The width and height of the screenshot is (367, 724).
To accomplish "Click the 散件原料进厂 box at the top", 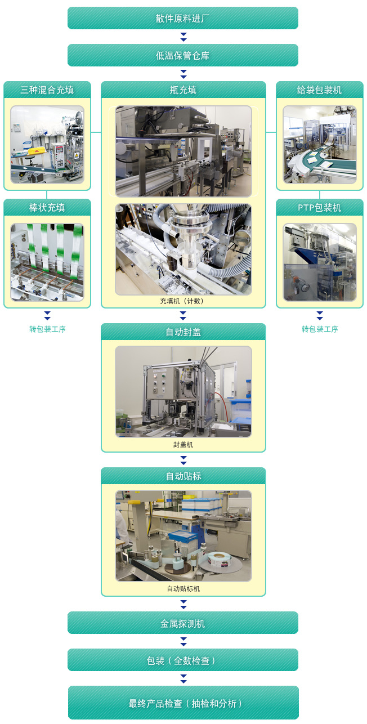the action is (183, 18).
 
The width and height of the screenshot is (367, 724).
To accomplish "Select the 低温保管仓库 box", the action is (183, 55).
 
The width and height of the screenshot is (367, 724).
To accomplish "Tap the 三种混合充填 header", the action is (47, 90).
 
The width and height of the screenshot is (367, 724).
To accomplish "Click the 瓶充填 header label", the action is (183, 90).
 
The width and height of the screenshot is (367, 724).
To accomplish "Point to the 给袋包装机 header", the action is (320, 90).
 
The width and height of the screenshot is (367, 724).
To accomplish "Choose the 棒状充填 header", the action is (47, 207).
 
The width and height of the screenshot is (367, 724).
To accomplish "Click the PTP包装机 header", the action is (320, 207).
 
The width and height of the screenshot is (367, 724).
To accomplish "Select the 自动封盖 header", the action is (183, 332).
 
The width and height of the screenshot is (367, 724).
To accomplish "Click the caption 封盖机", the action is (183, 444).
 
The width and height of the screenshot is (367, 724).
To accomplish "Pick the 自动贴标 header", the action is (183, 476).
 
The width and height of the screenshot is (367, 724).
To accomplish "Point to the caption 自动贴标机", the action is (183, 588).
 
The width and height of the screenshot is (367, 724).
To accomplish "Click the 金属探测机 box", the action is (183, 623).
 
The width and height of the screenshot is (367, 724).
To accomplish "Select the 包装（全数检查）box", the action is (183, 660).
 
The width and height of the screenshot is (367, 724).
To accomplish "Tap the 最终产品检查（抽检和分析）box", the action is (183, 703).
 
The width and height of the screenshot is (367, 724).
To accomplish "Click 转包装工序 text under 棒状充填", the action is (47, 329).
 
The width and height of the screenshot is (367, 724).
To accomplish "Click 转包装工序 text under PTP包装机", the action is (320, 329).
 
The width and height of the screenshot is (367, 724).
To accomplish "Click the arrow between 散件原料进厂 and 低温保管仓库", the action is (183, 37).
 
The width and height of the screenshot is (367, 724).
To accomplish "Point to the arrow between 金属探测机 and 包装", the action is (183, 641).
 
